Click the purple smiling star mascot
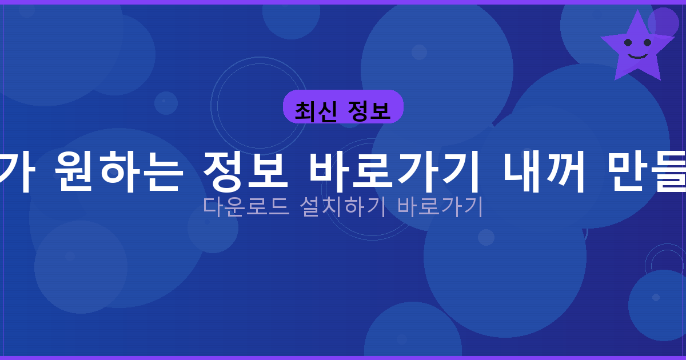click(637, 48)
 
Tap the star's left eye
click(628, 42)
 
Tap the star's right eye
click(647, 42)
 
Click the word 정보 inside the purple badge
click(372, 110)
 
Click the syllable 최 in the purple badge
click(305, 110)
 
